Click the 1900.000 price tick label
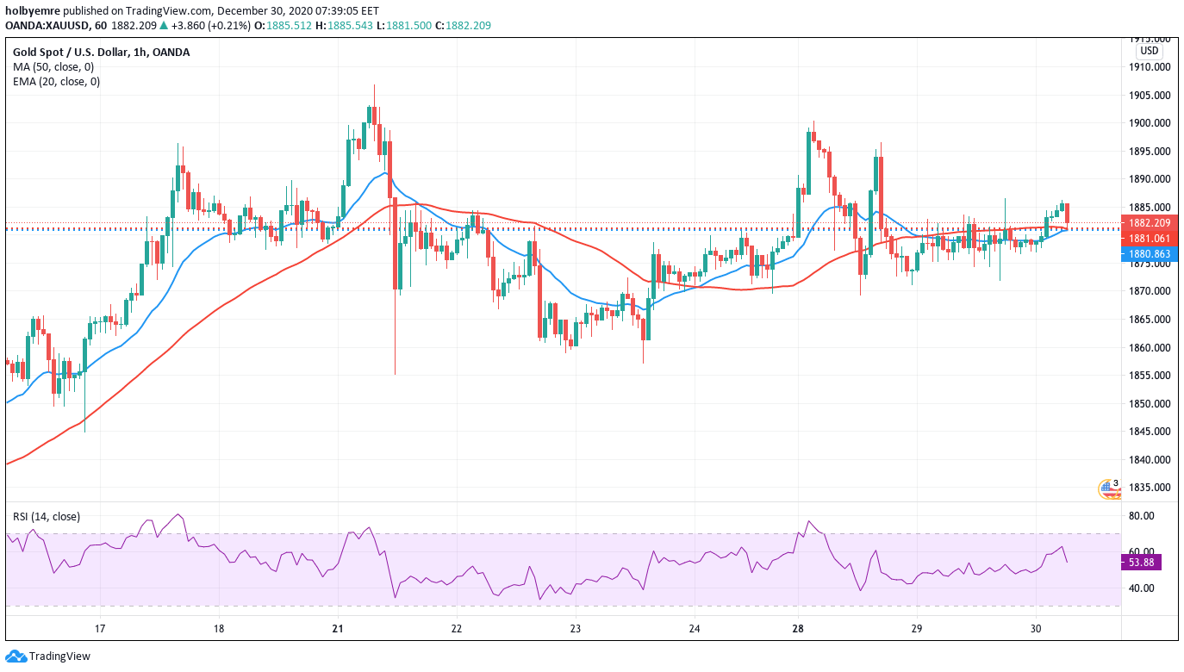[1149, 123]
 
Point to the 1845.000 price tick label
[1149, 432]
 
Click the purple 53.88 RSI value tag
[1141, 563]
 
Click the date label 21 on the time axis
[338, 629]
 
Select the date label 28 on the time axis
[799, 629]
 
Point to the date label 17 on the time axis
[100, 629]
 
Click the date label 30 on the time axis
[1036, 629]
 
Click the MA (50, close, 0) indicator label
[53, 66]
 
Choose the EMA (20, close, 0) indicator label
[56, 82]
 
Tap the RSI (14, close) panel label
[47, 517]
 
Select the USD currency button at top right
[1149, 51]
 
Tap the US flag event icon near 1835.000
[1107, 489]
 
